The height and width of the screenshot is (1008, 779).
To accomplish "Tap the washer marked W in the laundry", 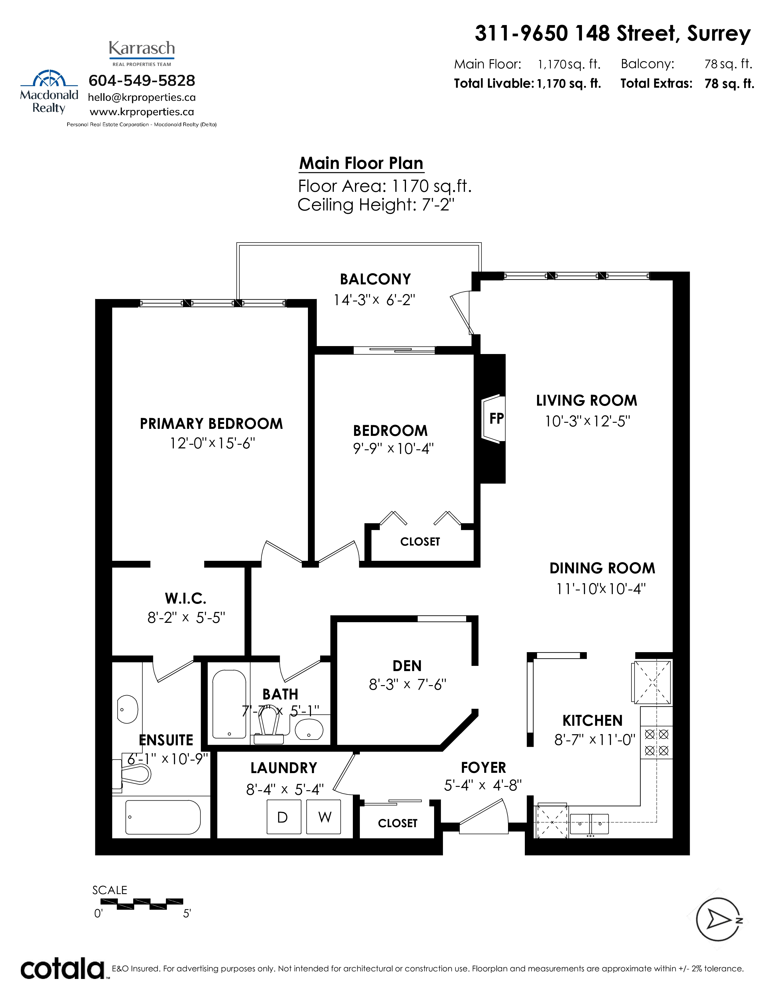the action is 324,816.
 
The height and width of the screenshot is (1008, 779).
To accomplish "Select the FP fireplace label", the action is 496,418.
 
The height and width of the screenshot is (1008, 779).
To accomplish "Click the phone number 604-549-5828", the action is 142,80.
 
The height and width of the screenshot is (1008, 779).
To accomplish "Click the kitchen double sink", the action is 589,824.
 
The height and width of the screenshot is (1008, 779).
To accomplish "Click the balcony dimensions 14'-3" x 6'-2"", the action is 374,300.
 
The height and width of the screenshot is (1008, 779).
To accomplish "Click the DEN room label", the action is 407,666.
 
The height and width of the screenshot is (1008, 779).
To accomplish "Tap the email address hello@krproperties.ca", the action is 142,97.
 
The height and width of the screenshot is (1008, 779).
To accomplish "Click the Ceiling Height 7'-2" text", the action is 376,204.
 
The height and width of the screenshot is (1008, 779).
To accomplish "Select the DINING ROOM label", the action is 602,568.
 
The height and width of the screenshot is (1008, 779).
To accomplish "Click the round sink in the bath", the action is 309,730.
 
